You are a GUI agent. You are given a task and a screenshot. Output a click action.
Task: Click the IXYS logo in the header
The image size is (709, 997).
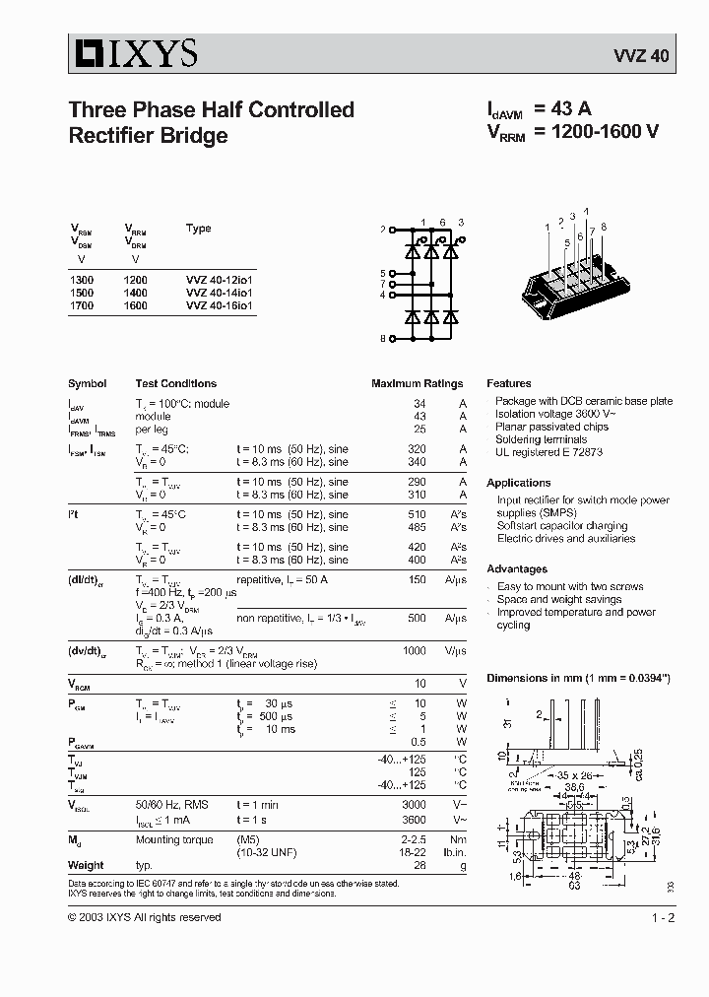click(134, 53)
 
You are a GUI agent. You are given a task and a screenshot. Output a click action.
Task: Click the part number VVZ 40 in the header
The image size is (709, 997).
click(646, 56)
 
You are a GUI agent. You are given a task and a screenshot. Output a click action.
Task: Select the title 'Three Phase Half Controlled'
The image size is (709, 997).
click(211, 110)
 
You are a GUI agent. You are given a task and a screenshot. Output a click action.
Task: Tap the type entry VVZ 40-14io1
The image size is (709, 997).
click(220, 293)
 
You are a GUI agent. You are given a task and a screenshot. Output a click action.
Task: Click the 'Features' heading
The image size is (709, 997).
click(508, 383)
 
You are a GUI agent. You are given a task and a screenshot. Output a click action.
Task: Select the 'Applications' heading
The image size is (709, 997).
click(518, 483)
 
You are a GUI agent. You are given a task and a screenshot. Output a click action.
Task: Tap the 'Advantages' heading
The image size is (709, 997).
click(517, 568)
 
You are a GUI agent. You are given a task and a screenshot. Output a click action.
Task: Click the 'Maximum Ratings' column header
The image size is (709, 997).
click(417, 383)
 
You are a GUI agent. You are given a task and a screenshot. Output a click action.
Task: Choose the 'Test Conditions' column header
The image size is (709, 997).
click(175, 383)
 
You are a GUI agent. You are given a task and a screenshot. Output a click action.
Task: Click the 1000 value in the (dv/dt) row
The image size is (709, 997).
click(415, 651)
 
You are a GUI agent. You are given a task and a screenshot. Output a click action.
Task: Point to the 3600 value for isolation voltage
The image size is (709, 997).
click(415, 819)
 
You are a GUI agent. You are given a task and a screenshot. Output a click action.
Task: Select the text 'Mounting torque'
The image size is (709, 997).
click(172, 839)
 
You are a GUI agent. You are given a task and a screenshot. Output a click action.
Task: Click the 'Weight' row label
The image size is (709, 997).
click(86, 865)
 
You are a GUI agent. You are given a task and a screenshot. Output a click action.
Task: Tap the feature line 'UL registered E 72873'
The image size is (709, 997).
click(549, 452)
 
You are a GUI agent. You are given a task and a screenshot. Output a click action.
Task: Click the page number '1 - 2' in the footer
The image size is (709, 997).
click(663, 917)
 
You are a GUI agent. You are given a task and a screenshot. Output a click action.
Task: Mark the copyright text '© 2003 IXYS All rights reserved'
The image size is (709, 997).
click(144, 917)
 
